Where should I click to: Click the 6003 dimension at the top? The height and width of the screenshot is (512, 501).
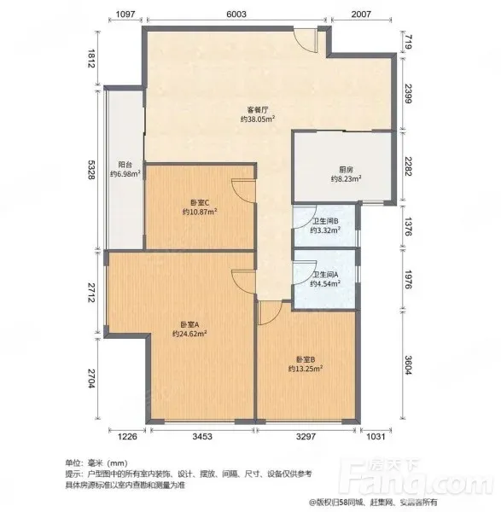coord(236,14)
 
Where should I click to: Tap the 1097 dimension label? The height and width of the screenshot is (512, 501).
coord(125,14)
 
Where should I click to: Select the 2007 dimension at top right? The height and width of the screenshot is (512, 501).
coord(361,14)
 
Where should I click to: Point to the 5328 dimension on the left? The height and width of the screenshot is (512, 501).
coord(91,170)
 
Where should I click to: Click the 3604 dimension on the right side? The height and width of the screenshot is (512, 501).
coord(409,365)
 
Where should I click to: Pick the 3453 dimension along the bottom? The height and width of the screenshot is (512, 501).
coord(202,436)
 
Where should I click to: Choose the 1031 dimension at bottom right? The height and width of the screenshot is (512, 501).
coord(376,436)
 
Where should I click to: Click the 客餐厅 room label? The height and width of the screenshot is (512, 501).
coord(258,110)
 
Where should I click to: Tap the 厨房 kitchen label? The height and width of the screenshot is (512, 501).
coord(346,170)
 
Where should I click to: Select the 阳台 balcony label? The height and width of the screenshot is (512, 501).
coord(125,165)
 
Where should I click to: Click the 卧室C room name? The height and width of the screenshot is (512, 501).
coord(200,203)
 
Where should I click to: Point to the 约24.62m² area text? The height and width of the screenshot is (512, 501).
coord(189,334)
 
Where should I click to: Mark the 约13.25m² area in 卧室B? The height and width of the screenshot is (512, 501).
coord(306,369)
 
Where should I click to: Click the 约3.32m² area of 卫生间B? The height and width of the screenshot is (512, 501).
coord(325,230)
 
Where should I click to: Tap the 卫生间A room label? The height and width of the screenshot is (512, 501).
coord(325,275)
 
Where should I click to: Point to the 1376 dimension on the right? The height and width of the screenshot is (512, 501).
coord(409,226)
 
